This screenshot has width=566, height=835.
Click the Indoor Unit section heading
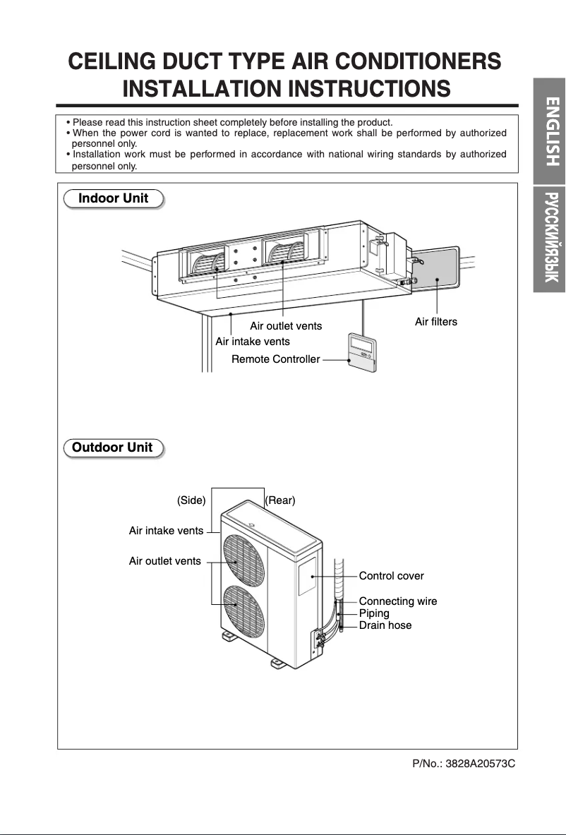click(113, 198)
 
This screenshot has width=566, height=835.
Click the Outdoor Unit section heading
click(112, 447)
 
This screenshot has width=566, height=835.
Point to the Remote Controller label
click(275, 360)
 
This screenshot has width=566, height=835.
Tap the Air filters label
click(435, 322)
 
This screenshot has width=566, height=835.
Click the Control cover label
click(391, 576)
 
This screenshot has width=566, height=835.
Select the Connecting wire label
click(397, 601)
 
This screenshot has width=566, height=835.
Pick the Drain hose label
click(385, 625)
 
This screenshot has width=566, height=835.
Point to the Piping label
click(374, 613)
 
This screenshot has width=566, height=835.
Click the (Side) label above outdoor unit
click(191, 500)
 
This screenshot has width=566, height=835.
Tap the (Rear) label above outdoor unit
click(280, 500)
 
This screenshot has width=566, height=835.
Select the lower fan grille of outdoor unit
click(241, 605)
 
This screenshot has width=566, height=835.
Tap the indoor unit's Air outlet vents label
click(286, 326)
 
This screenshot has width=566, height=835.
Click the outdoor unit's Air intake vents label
click(166, 530)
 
